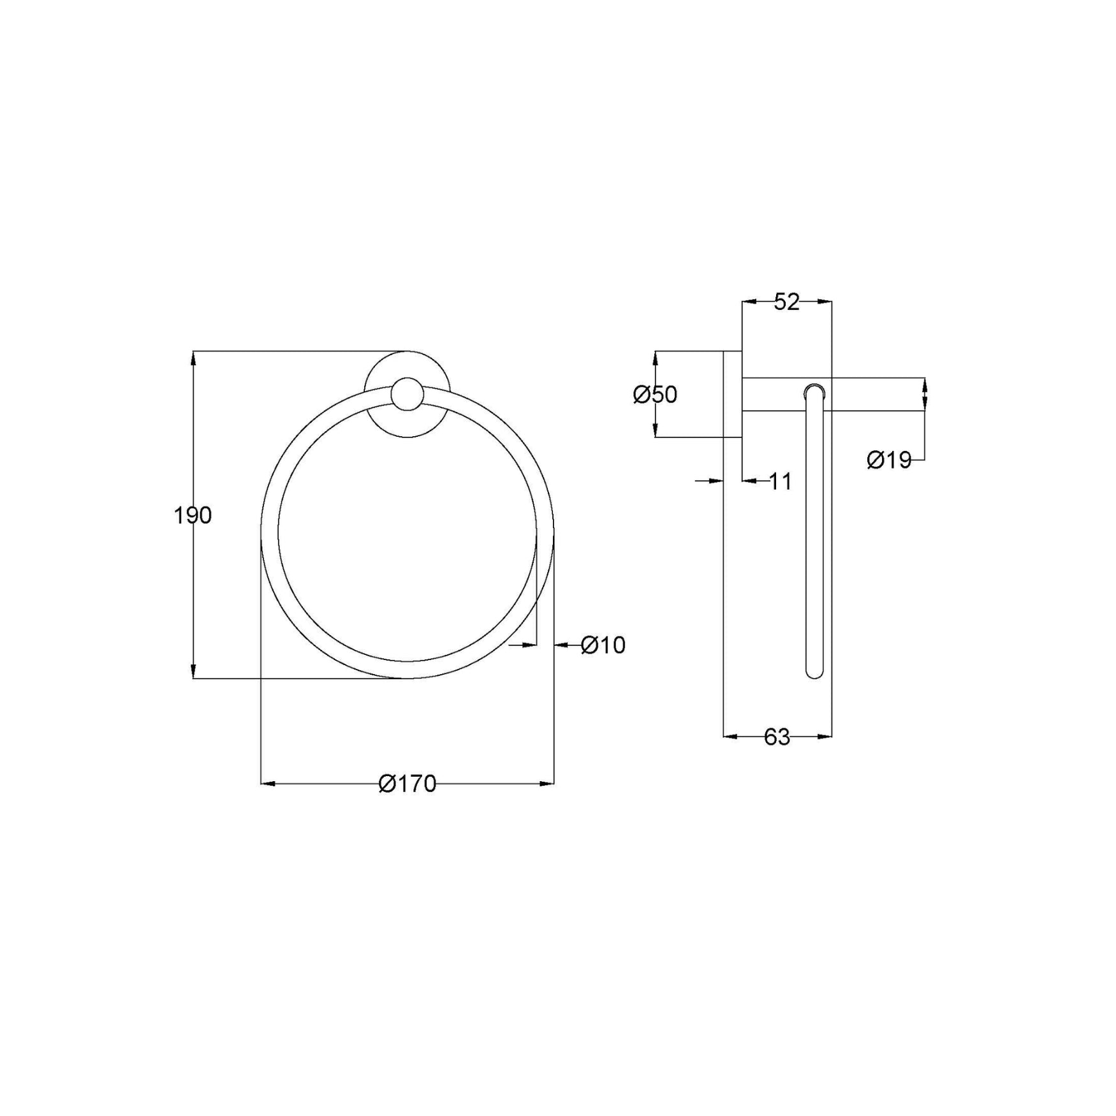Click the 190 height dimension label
pos(193,515)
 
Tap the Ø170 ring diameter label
pos(407,784)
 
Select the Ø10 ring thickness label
pos(603,645)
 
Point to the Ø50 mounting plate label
pos(655,395)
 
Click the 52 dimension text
pos(786,302)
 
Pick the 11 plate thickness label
pos(780,481)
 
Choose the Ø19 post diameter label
pos(890,460)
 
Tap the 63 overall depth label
pos(777,737)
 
